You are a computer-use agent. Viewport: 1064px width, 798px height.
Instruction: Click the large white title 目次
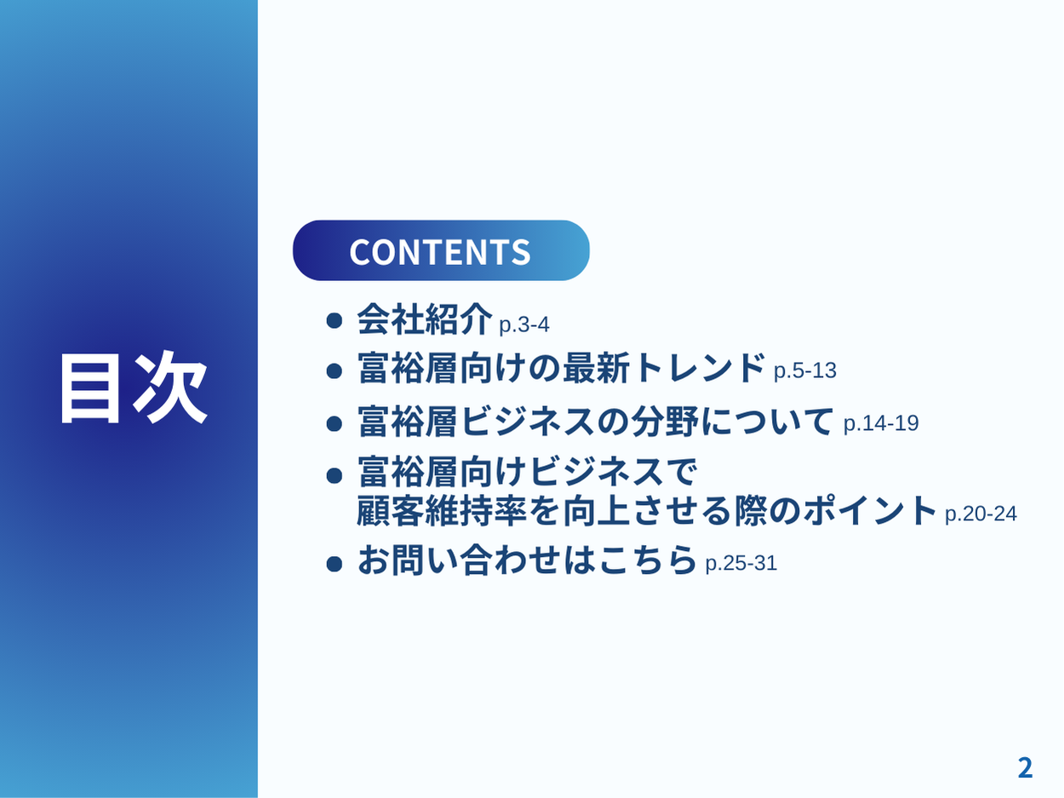(134, 388)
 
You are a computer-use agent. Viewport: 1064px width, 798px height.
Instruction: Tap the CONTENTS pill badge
(441, 250)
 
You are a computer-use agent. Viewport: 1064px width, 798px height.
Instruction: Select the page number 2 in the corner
(1025, 768)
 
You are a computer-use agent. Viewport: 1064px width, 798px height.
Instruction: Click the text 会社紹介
(425, 319)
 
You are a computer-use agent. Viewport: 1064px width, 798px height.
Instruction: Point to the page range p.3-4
(524, 324)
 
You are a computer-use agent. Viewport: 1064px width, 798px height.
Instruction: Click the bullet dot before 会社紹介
(335, 320)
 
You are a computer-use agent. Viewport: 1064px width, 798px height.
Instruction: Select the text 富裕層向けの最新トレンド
(561, 368)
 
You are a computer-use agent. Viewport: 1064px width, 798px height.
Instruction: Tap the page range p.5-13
(804, 370)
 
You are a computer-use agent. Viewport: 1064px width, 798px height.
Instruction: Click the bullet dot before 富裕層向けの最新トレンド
(335, 371)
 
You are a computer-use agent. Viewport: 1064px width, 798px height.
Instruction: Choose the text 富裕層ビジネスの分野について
(596, 421)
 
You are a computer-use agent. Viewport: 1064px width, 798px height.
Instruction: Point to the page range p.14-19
(881, 423)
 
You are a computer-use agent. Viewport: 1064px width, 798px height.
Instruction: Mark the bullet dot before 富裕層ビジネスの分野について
(335, 424)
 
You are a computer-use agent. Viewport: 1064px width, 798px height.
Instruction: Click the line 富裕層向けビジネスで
(528, 471)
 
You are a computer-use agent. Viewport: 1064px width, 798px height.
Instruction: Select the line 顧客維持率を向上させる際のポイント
(647, 510)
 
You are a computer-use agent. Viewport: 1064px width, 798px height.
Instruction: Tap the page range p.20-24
(981, 514)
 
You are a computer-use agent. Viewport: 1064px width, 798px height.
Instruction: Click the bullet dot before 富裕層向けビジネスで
(335, 475)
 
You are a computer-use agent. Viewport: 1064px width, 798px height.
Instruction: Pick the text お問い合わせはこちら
(527, 560)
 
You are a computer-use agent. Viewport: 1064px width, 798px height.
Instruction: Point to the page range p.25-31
(741, 563)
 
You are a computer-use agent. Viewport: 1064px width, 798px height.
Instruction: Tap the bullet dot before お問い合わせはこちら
(335, 564)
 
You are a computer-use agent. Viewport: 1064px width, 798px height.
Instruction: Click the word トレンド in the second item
(699, 368)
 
